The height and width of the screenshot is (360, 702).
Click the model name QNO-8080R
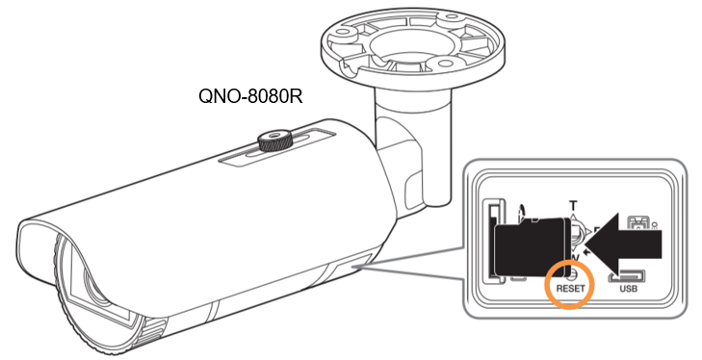click(x=250, y=96)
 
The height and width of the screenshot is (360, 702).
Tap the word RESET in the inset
click(x=570, y=289)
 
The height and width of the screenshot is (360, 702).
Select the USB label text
click(x=628, y=289)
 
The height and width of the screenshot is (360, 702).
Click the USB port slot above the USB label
click(x=627, y=276)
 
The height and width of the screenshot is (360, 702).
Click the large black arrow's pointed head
click(x=586, y=244)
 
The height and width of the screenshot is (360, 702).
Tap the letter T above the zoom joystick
click(x=573, y=206)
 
